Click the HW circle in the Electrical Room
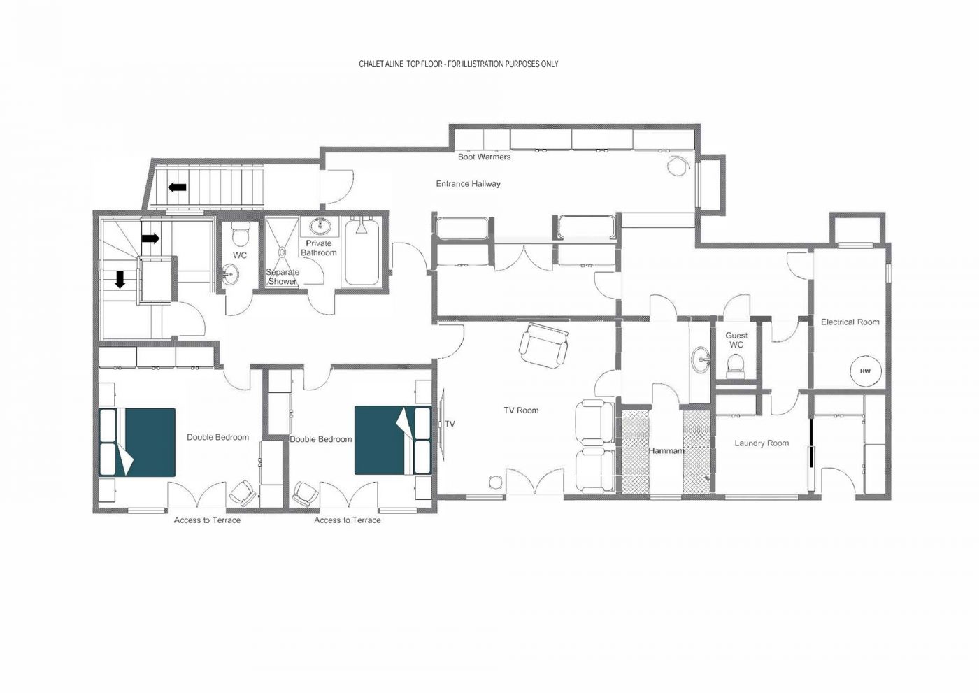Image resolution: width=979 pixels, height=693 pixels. (x=865, y=371)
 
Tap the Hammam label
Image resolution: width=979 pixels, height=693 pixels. (x=666, y=451)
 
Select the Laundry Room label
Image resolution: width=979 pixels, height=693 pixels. (x=762, y=443)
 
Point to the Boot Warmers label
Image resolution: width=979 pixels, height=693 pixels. (x=484, y=157)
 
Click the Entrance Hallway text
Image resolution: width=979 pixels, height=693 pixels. (x=468, y=184)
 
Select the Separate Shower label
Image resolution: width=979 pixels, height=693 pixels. (x=283, y=277)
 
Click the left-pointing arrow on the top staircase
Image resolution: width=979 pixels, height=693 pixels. (x=177, y=187)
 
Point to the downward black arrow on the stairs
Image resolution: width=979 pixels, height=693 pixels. (x=120, y=280)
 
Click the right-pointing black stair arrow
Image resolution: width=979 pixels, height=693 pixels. (x=150, y=238)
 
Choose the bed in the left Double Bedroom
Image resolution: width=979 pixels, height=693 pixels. (x=138, y=442)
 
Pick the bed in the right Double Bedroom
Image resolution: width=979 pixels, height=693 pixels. (x=392, y=440)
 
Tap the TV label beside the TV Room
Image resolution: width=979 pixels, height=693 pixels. (x=450, y=424)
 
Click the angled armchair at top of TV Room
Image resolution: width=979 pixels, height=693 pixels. (x=543, y=345)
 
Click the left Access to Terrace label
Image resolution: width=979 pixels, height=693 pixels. (x=207, y=520)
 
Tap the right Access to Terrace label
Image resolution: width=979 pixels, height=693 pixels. (x=348, y=520)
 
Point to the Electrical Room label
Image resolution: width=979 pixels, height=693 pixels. (x=850, y=322)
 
